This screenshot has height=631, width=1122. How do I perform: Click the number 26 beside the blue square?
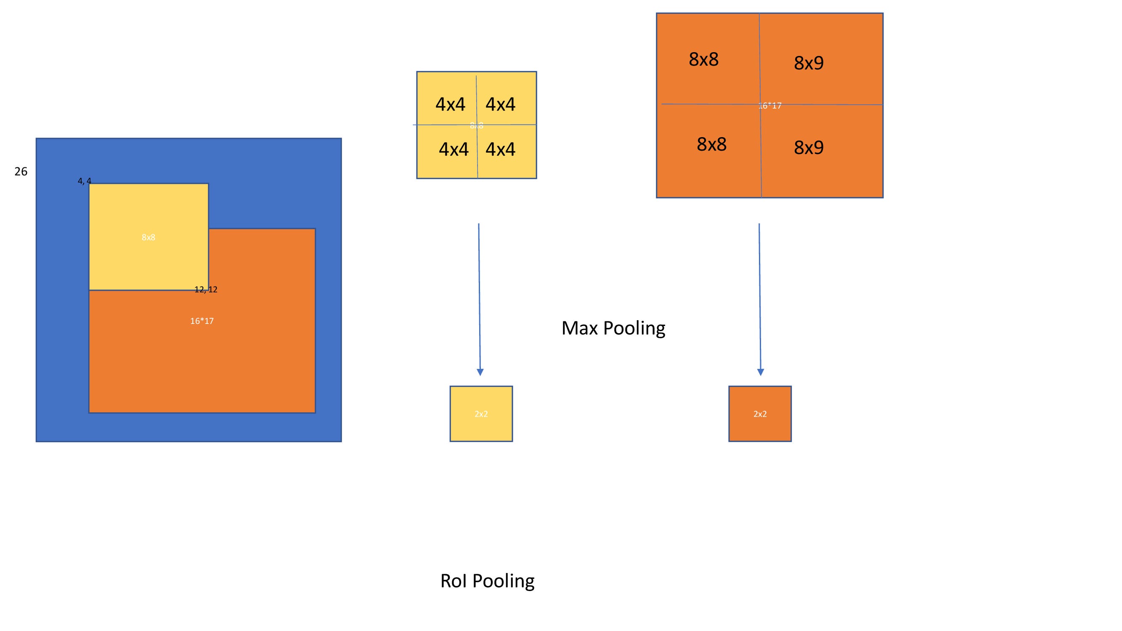tap(21, 172)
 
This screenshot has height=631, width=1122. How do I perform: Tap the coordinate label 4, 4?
tap(84, 181)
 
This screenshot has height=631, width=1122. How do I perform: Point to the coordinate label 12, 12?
tap(206, 289)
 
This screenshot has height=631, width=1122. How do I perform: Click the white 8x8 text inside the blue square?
tap(149, 237)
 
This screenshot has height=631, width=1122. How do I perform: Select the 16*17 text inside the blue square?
tap(202, 321)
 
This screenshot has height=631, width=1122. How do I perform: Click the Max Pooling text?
tap(613, 328)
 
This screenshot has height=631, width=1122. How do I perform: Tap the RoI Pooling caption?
tap(487, 581)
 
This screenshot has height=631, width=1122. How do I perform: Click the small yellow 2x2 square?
tap(481, 414)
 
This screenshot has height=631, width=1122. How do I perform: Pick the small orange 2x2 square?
tap(760, 414)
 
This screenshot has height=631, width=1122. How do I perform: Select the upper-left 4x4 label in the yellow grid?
tap(451, 104)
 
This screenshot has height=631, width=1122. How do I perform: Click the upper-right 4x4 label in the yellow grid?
tap(501, 104)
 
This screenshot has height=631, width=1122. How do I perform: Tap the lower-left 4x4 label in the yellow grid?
tap(454, 149)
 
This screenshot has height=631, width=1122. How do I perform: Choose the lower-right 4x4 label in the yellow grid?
tap(501, 149)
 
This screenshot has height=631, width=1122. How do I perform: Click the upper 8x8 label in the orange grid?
tap(703, 59)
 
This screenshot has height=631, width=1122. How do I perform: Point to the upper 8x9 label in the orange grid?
tap(809, 63)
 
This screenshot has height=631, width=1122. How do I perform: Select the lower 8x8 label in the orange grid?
tap(711, 144)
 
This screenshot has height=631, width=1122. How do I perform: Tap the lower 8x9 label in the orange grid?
tap(809, 148)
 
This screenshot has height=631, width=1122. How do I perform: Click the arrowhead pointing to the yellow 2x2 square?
tap(480, 372)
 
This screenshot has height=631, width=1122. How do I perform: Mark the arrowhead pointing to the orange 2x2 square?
tap(761, 372)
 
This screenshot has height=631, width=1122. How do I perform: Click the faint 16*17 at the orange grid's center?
tap(769, 106)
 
